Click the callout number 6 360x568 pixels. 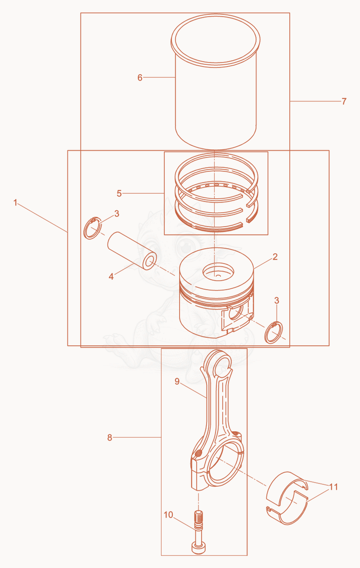tap(140, 78)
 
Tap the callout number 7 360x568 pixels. tap(344, 102)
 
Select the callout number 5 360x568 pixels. tap(119, 193)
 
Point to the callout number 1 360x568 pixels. tap(15, 203)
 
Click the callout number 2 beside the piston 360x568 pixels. tap(275, 257)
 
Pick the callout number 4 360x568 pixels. tap(111, 277)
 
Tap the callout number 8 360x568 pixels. tap(110, 438)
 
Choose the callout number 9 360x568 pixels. tap(177, 381)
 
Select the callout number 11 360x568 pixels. tap(333, 487)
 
